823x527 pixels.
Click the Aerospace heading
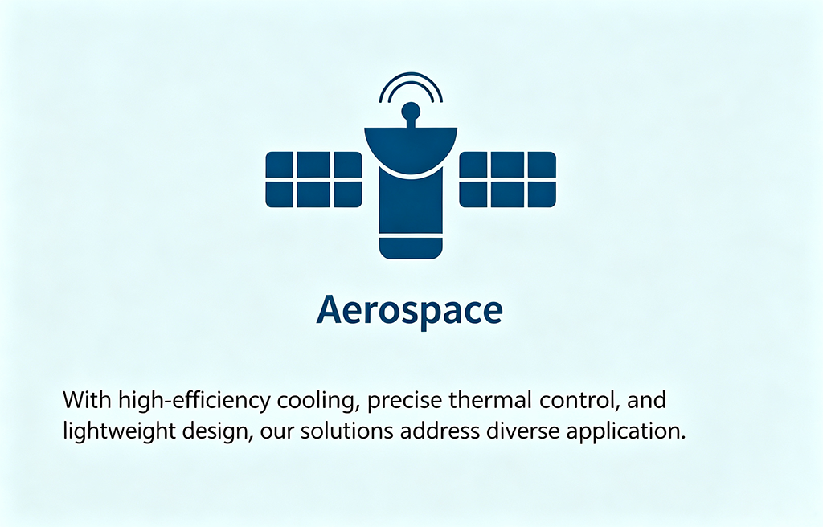(409, 311)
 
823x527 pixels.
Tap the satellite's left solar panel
(314, 179)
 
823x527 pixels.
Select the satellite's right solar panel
(508, 179)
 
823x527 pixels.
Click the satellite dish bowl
(411, 149)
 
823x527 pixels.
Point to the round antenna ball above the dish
(411, 112)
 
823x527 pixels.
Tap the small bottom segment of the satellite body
(411, 248)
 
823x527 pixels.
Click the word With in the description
(87, 400)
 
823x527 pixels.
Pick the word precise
(405, 401)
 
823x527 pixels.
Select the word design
(219, 432)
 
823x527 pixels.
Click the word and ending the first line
(647, 400)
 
